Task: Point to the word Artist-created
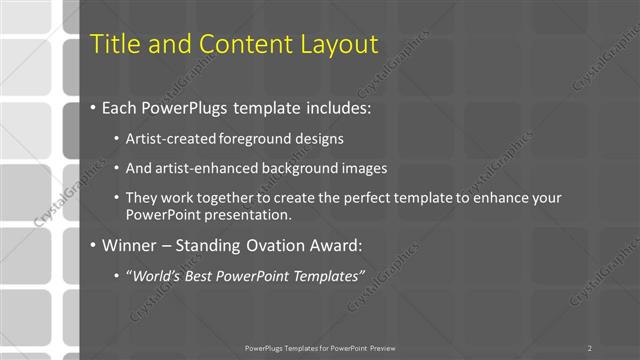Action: pos(169,139)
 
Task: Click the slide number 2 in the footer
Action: pos(590,348)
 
